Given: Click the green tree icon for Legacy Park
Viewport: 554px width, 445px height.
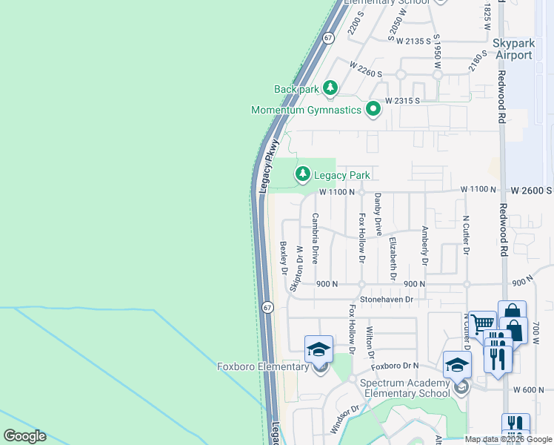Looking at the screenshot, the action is point(302,174).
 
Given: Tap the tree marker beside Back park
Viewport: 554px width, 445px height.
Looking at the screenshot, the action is point(330,88).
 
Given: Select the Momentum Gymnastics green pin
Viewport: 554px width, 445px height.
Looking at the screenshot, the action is point(373,110).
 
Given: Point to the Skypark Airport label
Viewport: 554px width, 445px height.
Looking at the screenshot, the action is point(513,50).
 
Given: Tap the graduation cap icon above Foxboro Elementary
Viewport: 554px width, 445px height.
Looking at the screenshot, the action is point(318,349).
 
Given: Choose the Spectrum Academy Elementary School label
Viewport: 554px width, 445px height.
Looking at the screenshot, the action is point(404,388).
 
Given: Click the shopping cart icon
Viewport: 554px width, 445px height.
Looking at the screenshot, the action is point(482,324).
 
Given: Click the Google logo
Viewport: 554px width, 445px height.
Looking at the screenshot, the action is point(24,436).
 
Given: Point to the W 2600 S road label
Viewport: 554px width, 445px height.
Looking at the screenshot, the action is point(532,191).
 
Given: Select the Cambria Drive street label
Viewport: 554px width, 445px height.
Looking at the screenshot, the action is point(315,239).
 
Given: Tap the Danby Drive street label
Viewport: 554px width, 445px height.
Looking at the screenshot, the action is point(378,214).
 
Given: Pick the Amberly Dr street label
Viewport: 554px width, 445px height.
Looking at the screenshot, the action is point(425,246).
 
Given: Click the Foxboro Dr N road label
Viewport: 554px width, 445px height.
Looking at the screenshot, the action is point(395,366).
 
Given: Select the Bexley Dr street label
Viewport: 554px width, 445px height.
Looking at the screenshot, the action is point(283,257).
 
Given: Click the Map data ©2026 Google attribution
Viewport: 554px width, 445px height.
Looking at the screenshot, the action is point(508,439).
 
